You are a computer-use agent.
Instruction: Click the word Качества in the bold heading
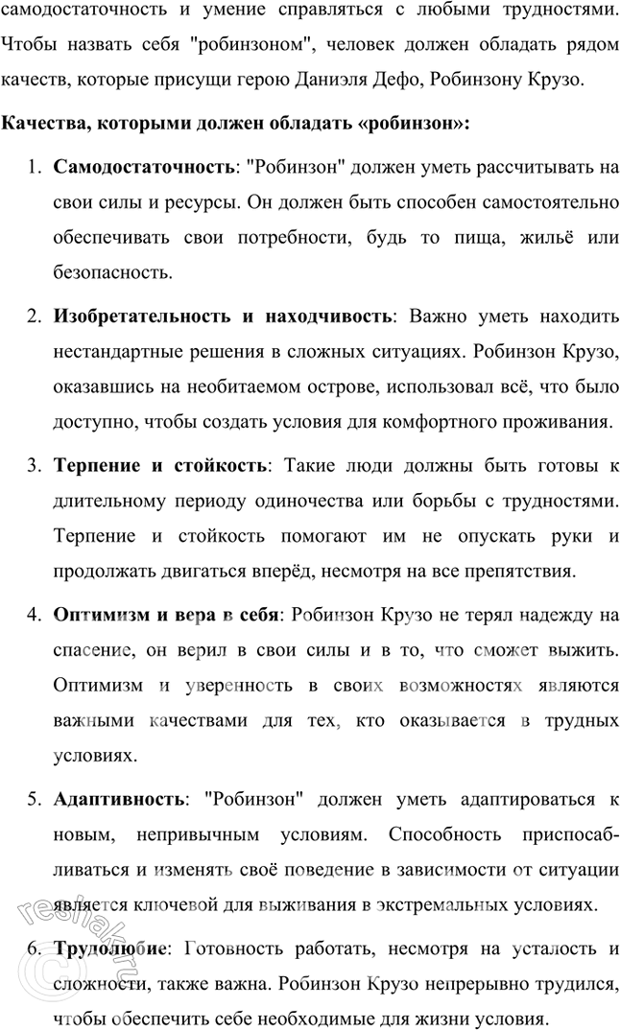click(40, 124)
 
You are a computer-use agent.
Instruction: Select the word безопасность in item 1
click(112, 272)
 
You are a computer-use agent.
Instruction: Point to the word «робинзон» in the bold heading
click(413, 124)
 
